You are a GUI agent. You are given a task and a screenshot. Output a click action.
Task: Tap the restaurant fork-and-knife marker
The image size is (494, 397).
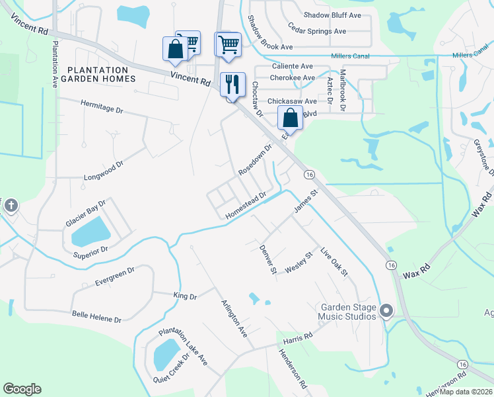(232, 85)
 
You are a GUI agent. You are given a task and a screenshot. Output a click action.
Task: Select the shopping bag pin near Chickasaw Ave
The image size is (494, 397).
(290, 118)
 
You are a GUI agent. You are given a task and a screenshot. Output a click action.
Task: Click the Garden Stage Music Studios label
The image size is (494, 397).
(348, 312)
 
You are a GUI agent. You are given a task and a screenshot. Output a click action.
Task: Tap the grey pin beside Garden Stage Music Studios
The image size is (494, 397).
(386, 310)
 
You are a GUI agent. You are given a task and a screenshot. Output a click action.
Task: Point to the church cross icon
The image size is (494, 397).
(11, 206)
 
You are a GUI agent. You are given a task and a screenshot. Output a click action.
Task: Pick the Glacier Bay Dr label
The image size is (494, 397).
(86, 214)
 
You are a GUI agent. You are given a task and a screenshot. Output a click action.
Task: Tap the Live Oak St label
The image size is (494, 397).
(334, 263)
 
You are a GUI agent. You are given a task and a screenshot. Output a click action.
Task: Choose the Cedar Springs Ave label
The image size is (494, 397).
(318, 31)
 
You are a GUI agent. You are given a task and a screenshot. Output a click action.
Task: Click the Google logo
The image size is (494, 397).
(22, 388)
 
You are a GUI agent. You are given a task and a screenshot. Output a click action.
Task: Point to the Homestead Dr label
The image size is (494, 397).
(245, 206)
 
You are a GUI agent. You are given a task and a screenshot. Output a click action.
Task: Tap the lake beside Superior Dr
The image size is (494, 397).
(90, 232)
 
